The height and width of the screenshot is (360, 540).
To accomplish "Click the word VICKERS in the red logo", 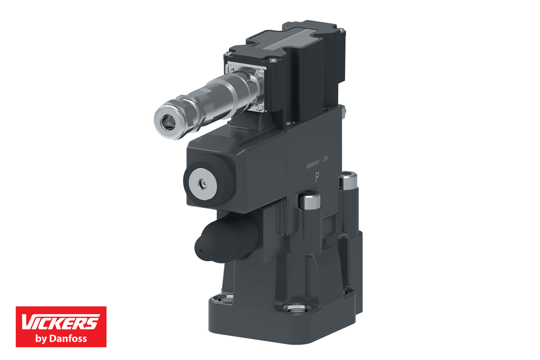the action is [60, 322].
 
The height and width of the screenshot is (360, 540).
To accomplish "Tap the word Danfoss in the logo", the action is [68, 339].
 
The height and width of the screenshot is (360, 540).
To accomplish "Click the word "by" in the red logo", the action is [41, 339].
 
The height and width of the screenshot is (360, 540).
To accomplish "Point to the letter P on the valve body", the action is [317, 178].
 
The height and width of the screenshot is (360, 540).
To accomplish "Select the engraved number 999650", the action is [312, 164].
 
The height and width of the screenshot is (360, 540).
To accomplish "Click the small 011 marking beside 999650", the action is [325, 159].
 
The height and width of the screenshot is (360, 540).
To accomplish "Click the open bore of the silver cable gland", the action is [168, 121].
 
